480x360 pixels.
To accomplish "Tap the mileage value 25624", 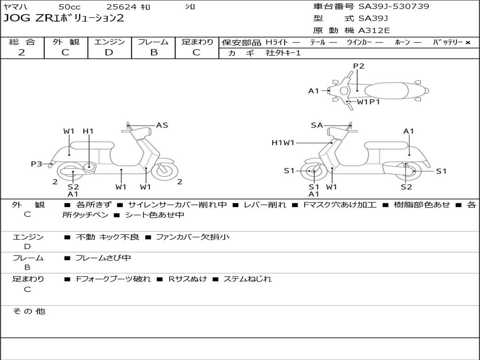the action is [x=121, y=7].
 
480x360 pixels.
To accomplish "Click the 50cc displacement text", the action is [x=69, y=7].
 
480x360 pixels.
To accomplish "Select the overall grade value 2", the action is [x=22, y=52].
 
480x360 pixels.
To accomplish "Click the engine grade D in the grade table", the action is [x=109, y=52].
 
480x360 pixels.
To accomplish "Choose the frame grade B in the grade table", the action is [x=153, y=52].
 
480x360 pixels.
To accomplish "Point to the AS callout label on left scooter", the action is [x=162, y=125].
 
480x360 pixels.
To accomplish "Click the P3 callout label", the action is [x=37, y=164].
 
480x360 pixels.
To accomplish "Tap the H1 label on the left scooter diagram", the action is [x=88, y=131].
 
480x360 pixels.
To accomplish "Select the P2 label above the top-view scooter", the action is [x=359, y=66].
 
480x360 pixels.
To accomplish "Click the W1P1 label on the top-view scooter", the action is [x=368, y=101].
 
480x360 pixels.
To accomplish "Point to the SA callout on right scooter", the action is [x=317, y=125].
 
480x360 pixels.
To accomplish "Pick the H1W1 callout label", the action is [x=283, y=142].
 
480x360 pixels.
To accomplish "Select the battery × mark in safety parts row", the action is [x=467, y=42].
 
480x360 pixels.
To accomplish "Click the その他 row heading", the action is [x=29, y=311].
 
